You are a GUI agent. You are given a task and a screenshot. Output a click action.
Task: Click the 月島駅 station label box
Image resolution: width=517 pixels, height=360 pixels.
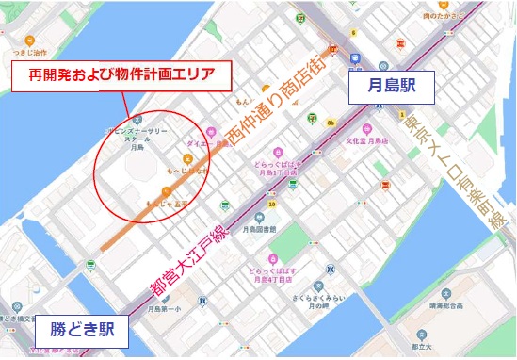click(x=391, y=89)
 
